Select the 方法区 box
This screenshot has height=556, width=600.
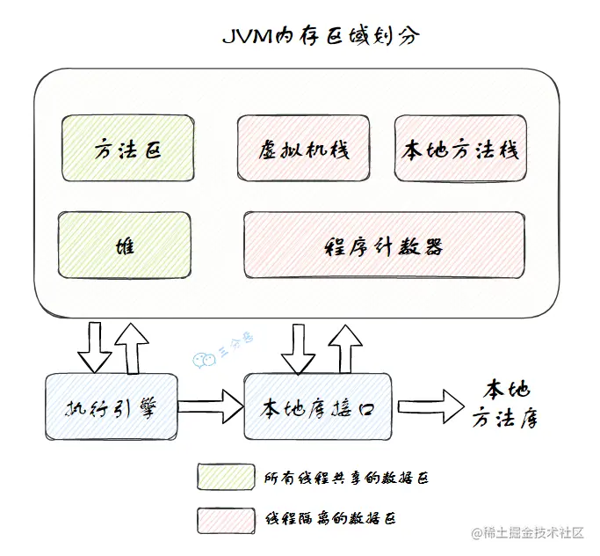click(x=127, y=149)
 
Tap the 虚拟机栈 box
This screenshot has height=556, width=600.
click(x=304, y=149)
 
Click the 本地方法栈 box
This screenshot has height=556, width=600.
click(x=460, y=149)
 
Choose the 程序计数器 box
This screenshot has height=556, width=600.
click(x=384, y=244)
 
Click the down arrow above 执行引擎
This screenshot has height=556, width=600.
click(x=95, y=347)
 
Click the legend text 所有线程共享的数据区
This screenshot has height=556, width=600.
click(x=346, y=478)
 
